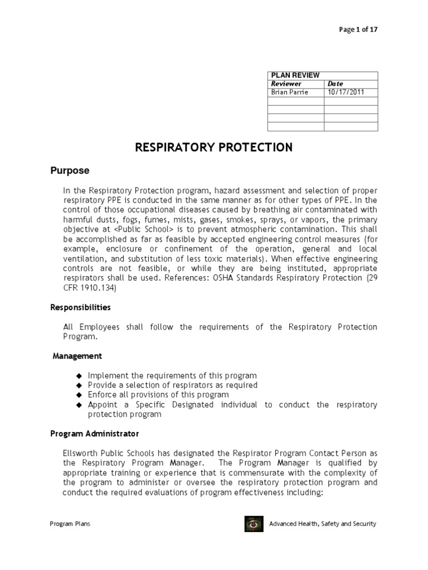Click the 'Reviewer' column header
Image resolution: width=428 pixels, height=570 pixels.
tap(286, 83)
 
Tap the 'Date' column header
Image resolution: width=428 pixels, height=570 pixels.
tap(335, 83)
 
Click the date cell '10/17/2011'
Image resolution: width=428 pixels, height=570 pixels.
tap(346, 92)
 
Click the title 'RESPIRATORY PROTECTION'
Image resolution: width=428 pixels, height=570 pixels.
tap(214, 148)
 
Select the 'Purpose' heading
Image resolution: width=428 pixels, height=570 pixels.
tap(70, 170)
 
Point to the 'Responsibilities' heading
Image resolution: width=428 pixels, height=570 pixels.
tap(81, 307)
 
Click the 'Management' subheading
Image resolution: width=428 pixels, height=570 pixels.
tap(77, 356)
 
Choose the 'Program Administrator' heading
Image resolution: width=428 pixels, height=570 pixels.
tap(95, 433)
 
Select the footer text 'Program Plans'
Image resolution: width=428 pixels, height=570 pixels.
tap(70, 524)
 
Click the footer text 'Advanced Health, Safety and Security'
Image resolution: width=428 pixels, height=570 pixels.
tap(323, 524)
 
